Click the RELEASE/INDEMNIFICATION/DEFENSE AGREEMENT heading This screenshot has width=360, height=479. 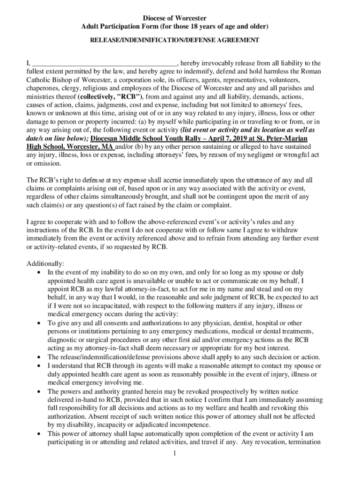click(x=174, y=41)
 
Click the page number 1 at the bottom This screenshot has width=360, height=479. click(x=173, y=453)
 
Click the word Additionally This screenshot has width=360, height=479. click(x=45, y=264)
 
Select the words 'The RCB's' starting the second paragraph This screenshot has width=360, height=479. click(x=42, y=180)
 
